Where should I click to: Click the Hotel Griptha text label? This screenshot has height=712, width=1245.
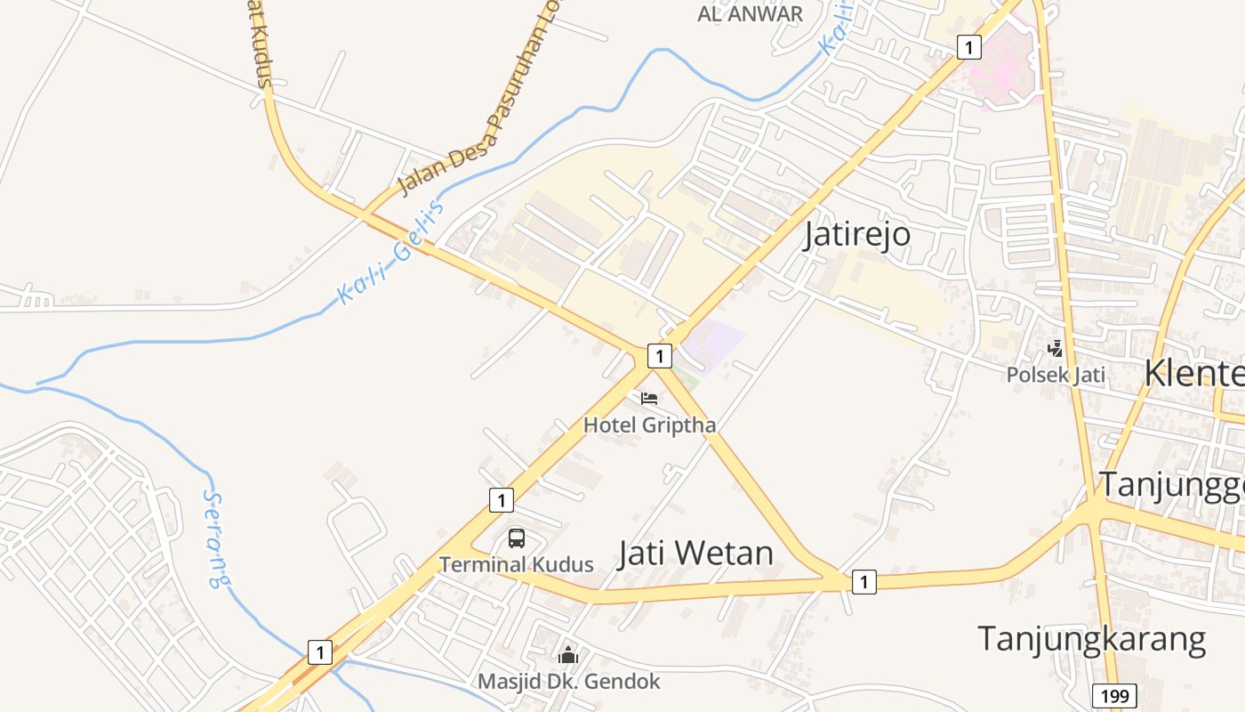[649, 425]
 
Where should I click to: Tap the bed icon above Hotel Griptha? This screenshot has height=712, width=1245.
[649, 398]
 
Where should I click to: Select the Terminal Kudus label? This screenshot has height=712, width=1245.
[516, 564]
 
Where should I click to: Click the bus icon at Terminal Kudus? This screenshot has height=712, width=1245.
[517, 538]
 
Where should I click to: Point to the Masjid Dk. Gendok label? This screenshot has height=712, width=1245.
[569, 682]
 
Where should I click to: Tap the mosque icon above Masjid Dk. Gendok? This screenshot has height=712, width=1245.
[568, 656]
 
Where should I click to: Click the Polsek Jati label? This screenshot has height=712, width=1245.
[1056, 375]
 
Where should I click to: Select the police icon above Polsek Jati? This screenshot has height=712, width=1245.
[1056, 348]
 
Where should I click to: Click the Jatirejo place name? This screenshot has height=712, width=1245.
[857, 234]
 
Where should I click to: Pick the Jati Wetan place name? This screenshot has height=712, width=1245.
[695, 553]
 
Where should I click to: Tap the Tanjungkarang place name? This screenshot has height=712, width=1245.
[1091, 639]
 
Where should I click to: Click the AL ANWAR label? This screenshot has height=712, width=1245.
[750, 14]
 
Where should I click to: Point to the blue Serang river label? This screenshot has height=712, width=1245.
[214, 538]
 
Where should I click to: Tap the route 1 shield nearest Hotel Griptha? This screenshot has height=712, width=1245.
[658, 356]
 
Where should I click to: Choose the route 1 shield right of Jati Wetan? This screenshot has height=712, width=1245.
[863, 582]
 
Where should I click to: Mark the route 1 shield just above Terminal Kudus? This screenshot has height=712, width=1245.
[501, 499]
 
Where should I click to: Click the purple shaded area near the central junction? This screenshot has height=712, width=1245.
[716, 340]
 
